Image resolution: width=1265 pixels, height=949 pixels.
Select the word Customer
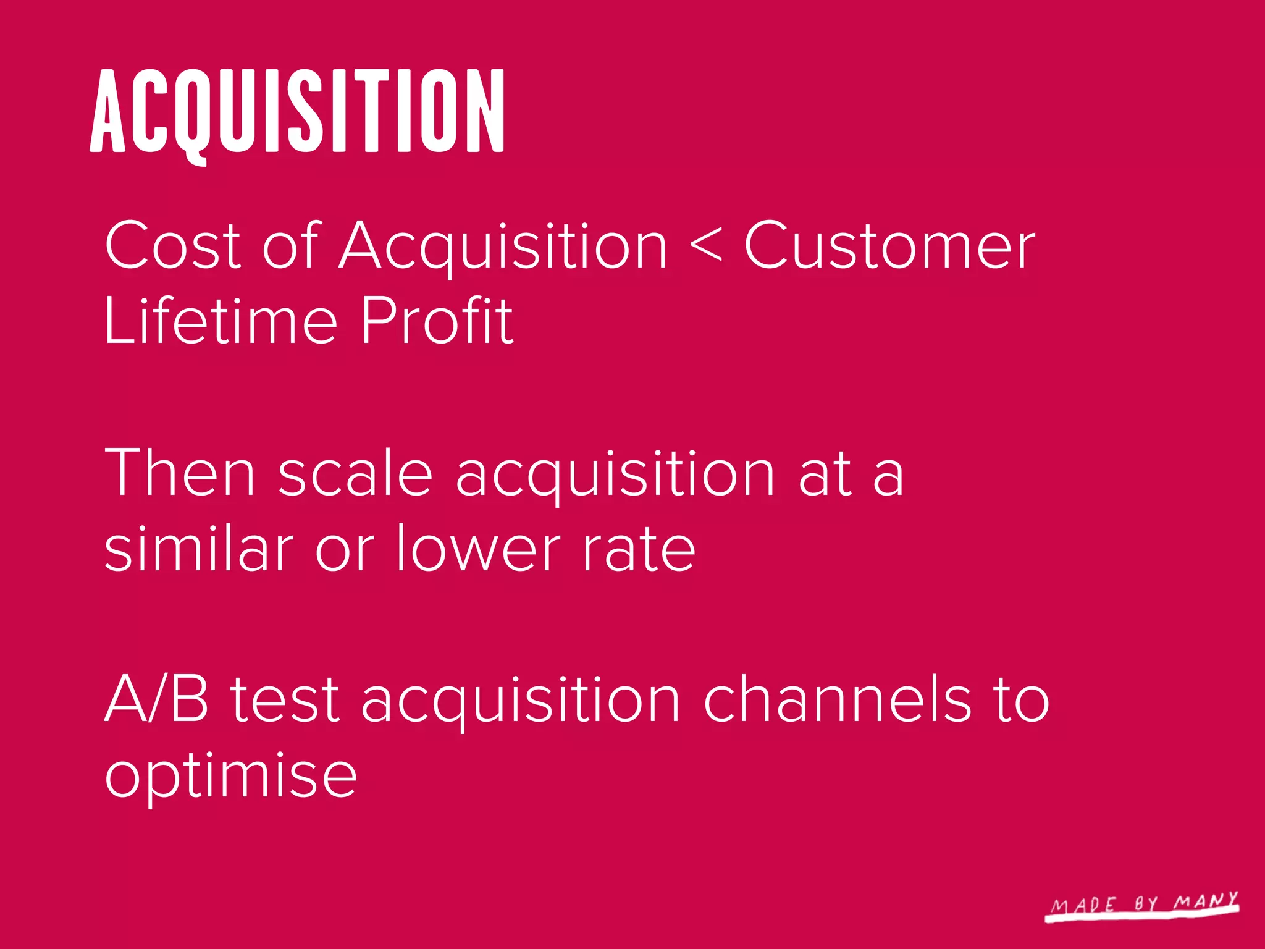click(889, 245)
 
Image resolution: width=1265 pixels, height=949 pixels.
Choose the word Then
click(180, 473)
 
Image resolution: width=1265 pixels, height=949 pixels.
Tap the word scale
click(355, 473)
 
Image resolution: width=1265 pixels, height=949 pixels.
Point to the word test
click(285, 700)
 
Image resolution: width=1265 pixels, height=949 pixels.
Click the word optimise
click(231, 775)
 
